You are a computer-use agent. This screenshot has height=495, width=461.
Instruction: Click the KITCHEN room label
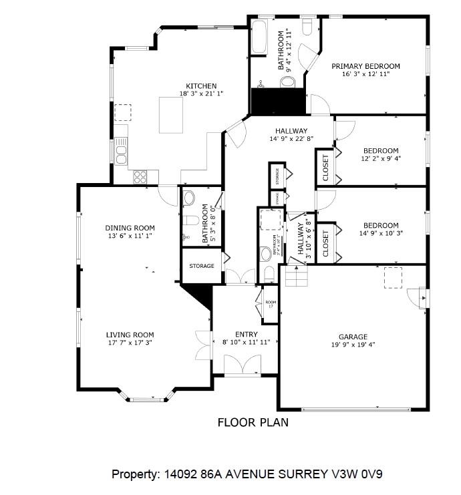(x=201, y=86)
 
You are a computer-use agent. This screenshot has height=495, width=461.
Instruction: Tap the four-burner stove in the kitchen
(x=140, y=176)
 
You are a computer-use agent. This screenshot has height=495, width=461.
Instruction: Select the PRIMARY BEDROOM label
(x=365, y=66)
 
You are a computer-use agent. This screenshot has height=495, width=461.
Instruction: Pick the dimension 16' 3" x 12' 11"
(x=365, y=74)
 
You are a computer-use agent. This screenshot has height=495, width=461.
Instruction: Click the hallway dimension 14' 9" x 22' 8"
(x=291, y=139)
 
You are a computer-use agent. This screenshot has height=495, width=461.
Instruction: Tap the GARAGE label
(x=352, y=337)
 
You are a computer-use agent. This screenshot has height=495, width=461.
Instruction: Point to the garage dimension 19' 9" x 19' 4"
(x=352, y=345)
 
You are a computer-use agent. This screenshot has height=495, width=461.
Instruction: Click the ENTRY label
(x=246, y=335)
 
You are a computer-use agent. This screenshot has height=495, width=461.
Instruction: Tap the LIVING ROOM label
(x=130, y=335)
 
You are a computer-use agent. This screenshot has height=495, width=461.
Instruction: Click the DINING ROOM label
(x=130, y=228)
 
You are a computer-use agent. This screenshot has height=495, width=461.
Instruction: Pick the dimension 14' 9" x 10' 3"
(x=381, y=233)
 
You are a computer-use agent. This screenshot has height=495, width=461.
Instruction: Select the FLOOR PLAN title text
(x=253, y=422)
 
